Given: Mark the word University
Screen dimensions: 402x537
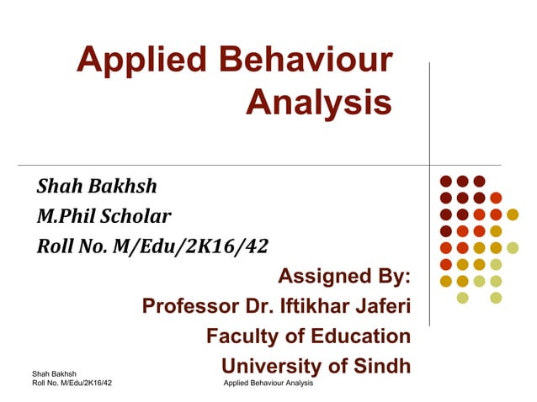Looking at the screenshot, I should pyautogui.click(x=271, y=367).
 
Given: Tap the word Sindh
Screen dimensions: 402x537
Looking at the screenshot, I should pyautogui.click(x=380, y=367).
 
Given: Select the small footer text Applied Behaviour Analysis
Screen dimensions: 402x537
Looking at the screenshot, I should pyautogui.click(x=268, y=383).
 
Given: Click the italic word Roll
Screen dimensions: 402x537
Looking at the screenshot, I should pyautogui.click(x=54, y=246).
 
